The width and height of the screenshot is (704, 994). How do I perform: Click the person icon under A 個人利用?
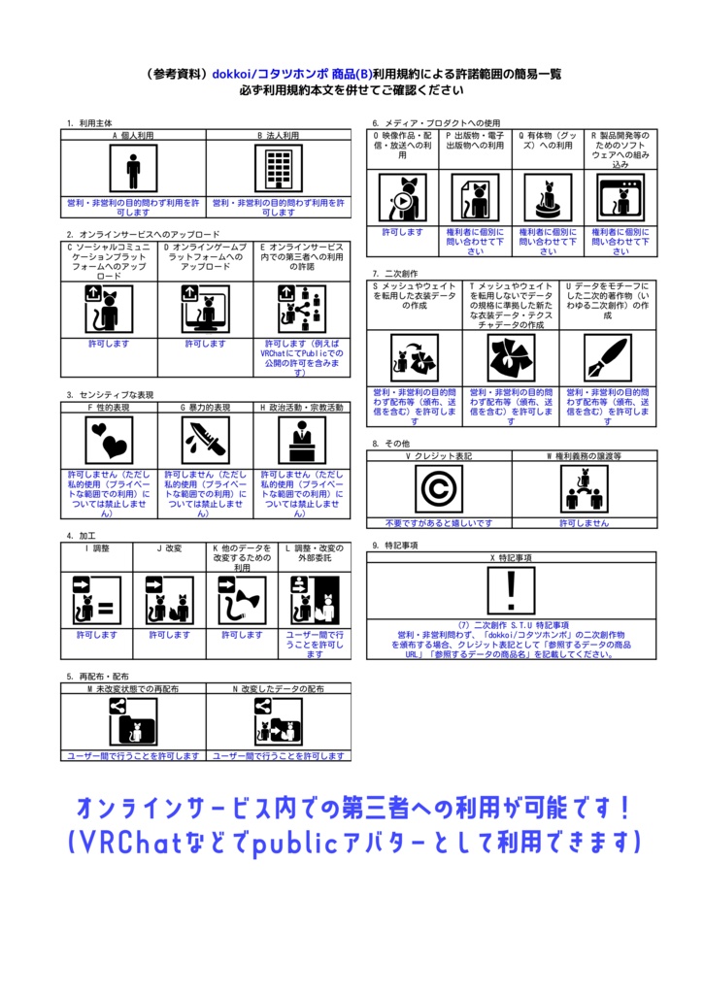point(133,169)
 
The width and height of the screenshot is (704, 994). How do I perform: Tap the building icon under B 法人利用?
point(279,169)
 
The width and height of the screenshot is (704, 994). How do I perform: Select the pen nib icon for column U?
point(609,357)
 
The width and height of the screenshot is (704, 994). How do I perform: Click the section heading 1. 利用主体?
point(89,123)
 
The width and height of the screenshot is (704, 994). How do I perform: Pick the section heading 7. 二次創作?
point(395,274)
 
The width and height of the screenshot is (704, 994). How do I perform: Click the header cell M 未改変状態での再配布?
point(133,688)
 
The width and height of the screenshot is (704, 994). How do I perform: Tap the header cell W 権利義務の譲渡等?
point(584,455)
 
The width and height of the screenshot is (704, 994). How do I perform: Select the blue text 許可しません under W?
point(584,523)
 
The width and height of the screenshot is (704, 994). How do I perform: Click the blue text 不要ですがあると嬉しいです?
point(439,523)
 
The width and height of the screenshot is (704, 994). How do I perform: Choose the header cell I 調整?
point(96,548)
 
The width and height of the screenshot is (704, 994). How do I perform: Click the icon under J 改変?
point(169,598)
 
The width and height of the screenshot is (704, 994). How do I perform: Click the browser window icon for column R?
point(620,198)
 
